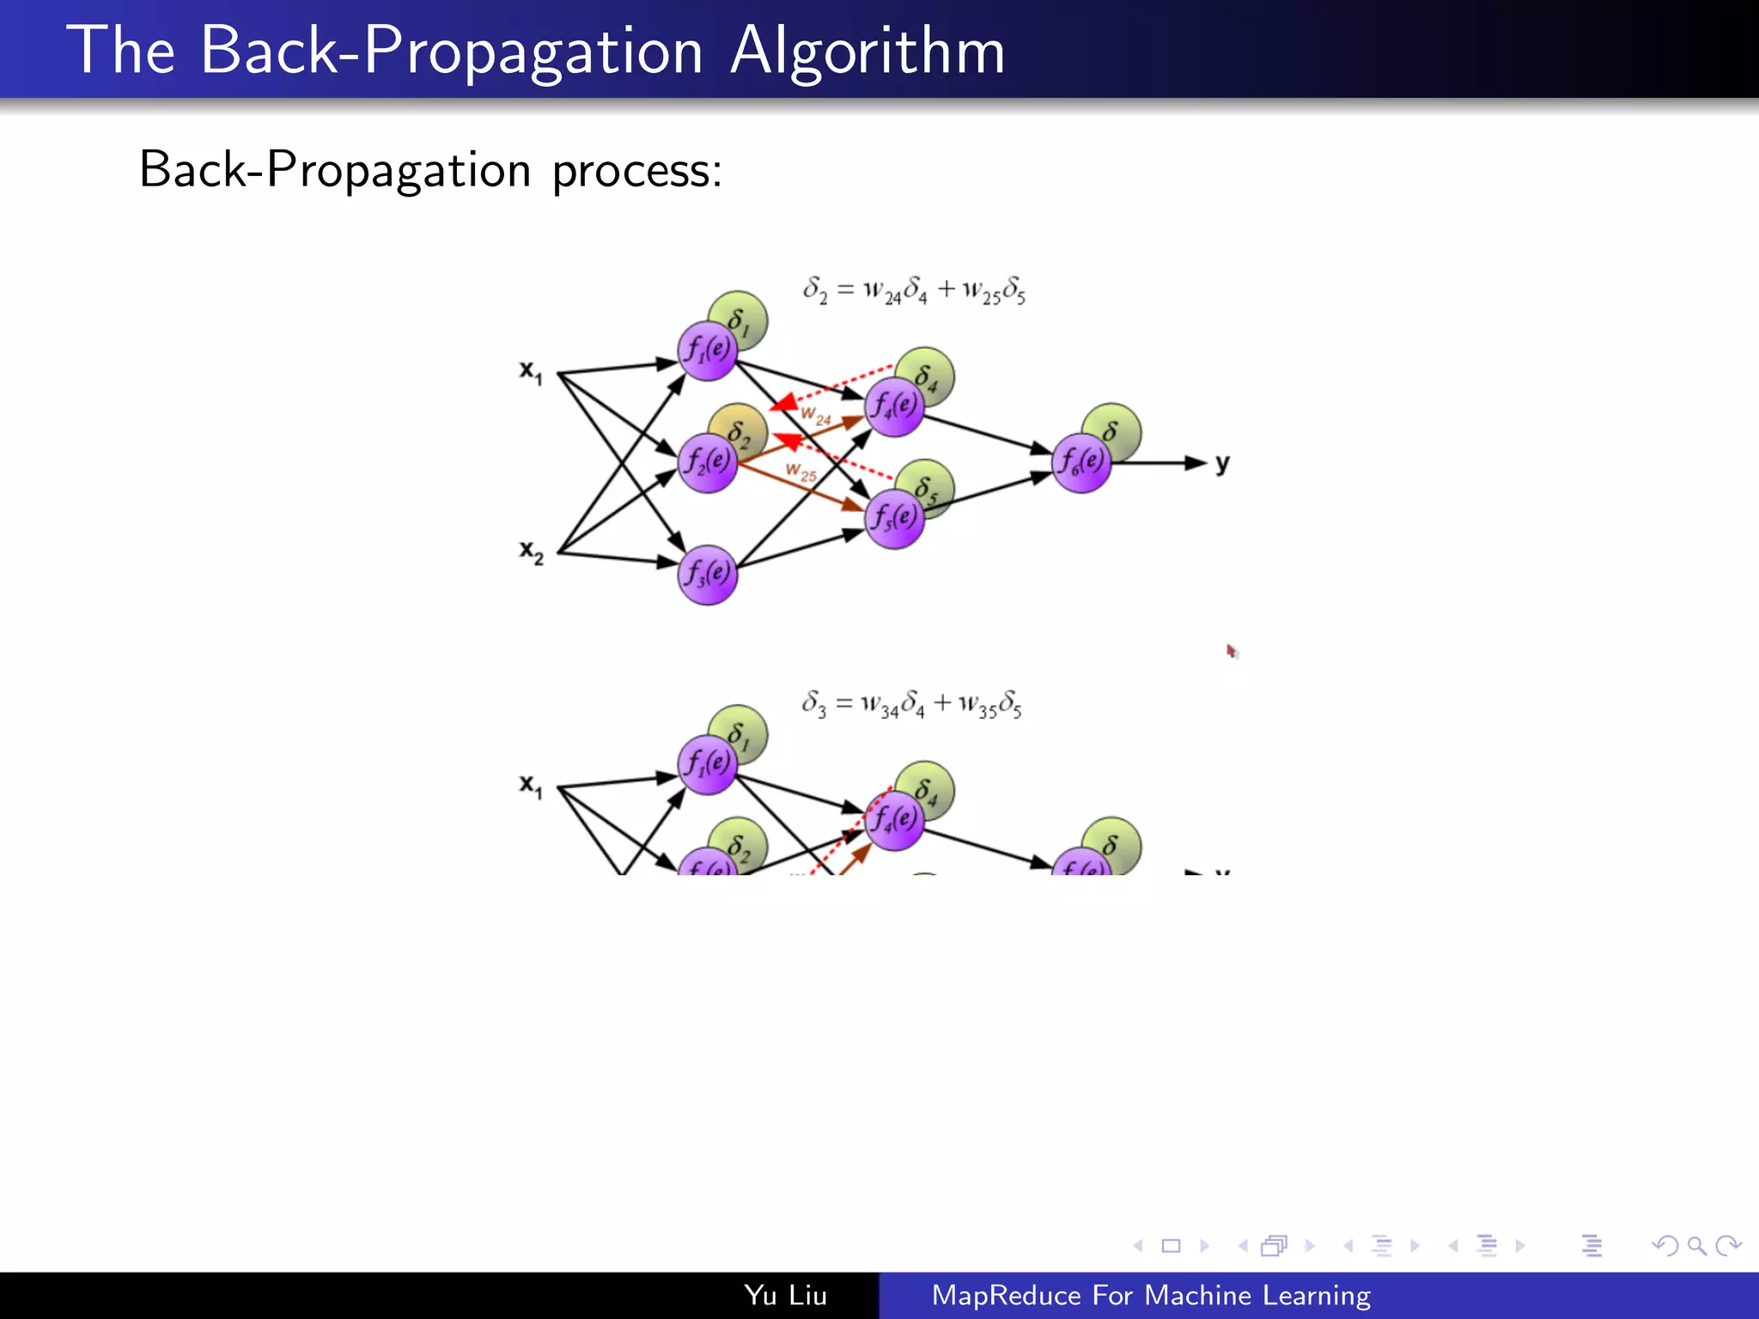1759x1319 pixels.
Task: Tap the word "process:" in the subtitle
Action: tap(636, 170)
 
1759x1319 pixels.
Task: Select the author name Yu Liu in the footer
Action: tap(785, 1295)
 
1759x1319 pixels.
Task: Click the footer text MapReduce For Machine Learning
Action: tap(1151, 1295)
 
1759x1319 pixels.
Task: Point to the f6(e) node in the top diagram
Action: tap(1081, 463)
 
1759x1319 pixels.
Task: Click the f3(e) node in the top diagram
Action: tap(708, 574)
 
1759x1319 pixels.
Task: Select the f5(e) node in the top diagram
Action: tap(894, 519)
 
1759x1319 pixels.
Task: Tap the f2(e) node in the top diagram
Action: tap(708, 463)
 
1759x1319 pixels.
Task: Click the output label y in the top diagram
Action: tap(1222, 465)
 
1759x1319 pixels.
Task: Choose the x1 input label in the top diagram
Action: tap(531, 372)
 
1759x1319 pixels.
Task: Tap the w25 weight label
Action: tap(801, 471)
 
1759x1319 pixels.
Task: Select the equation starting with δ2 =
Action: tap(914, 290)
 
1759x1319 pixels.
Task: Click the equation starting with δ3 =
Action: tap(911, 704)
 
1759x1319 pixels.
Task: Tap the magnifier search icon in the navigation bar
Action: tap(1696, 1245)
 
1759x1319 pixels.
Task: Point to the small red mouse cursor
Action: tap(1232, 651)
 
